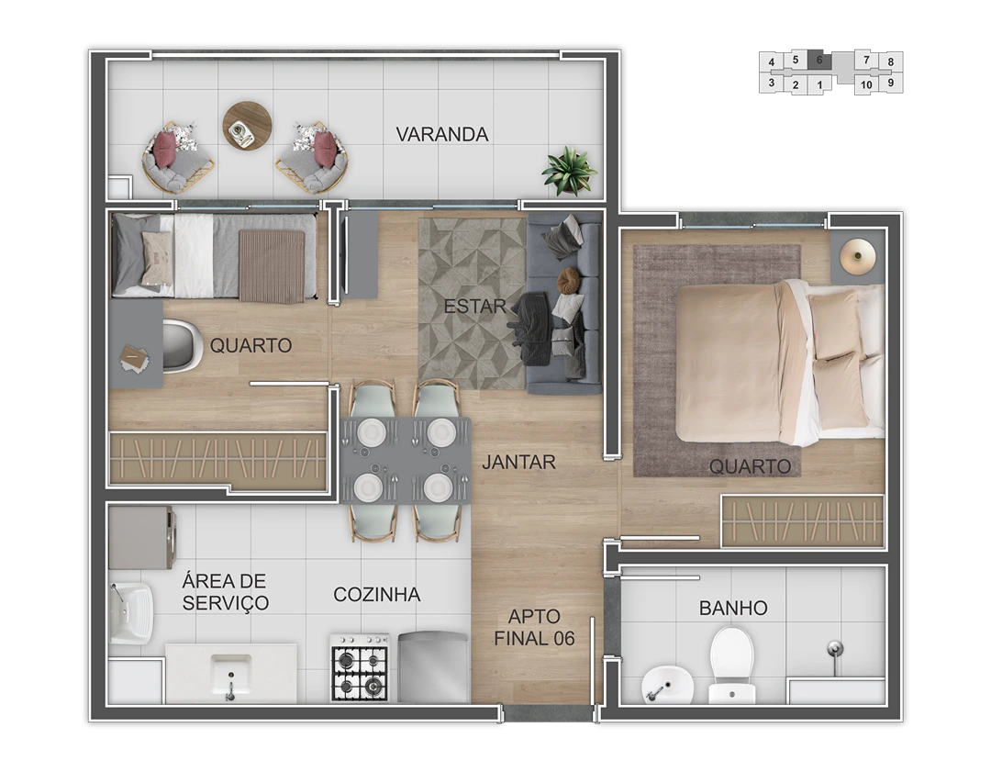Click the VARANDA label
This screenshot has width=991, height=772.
pos(441,134)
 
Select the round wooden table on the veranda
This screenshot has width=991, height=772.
pos(247,126)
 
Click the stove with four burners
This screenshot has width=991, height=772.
pos(360,666)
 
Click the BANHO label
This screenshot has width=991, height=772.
pos(733,609)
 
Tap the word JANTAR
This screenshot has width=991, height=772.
pos(518,462)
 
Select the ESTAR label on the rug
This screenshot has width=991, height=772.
pos(474,307)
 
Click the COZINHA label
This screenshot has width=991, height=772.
pos(377,594)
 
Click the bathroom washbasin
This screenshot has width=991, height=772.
pos(667,684)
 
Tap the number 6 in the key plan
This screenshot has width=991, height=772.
pos(819,60)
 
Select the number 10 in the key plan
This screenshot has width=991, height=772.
pos(866,84)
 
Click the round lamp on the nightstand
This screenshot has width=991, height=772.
pos(858,256)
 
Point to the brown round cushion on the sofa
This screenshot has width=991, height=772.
pos(568,280)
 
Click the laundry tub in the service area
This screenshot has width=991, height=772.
pos(131,613)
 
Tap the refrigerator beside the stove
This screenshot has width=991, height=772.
pos(433,667)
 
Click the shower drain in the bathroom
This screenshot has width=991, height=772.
pos(835,647)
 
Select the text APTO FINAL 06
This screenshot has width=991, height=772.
pos(534,627)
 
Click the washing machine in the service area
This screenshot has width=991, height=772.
pos(142,537)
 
